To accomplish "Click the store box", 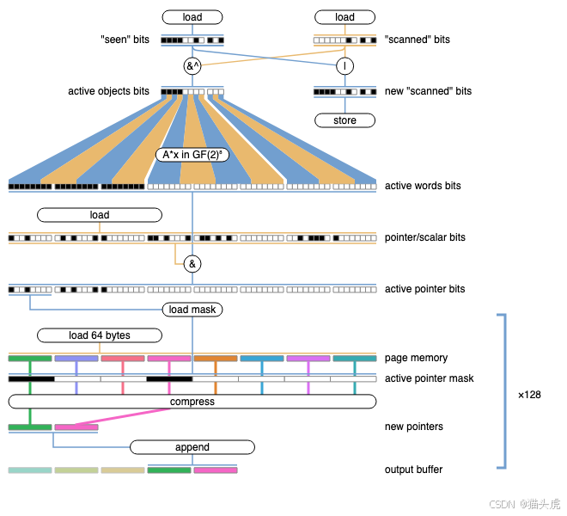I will [344, 120].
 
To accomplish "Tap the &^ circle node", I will [192, 66].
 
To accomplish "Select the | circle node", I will [344, 66].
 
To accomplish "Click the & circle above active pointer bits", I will [192, 264].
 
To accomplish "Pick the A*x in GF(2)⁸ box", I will [192, 156].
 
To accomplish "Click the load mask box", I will [192, 310].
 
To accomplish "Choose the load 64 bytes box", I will [99, 335].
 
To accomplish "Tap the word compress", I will [192, 402].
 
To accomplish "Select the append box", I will [192, 447].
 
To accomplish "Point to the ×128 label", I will [529, 395].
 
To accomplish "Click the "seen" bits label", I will [125, 40].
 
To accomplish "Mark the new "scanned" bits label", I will [428, 91].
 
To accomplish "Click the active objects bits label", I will [109, 91].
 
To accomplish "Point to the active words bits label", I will [423, 186].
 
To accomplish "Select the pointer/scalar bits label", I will [424, 237].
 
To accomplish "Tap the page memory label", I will [416, 358].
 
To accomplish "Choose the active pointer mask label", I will [429, 378].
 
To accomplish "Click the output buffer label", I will [414, 470].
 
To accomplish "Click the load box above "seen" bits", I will [192, 17].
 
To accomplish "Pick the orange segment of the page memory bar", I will [215, 358].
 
